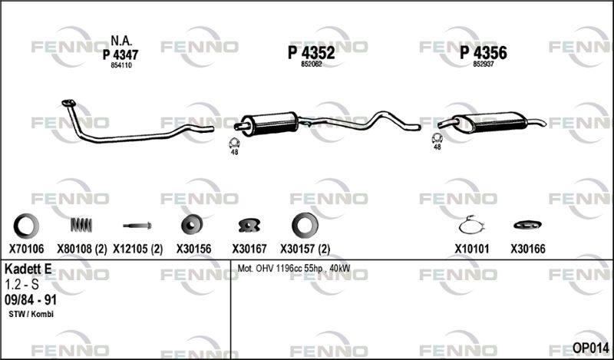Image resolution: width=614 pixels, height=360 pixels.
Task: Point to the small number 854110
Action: coord(121,65)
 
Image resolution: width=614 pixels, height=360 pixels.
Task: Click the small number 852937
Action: coord(483,65)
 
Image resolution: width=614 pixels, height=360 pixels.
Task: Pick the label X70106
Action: coord(26,249)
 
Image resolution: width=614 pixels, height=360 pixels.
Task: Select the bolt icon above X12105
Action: coord(137,226)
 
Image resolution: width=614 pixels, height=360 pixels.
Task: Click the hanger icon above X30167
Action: coord(249,225)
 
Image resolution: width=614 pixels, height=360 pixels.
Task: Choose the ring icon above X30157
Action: coord(304,225)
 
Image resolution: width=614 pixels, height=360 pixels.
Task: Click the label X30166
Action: coord(527,249)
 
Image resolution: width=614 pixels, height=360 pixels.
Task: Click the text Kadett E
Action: coord(29,269)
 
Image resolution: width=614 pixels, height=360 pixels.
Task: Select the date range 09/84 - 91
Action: coord(31,299)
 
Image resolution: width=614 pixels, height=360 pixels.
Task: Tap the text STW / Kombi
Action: coord(30,315)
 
